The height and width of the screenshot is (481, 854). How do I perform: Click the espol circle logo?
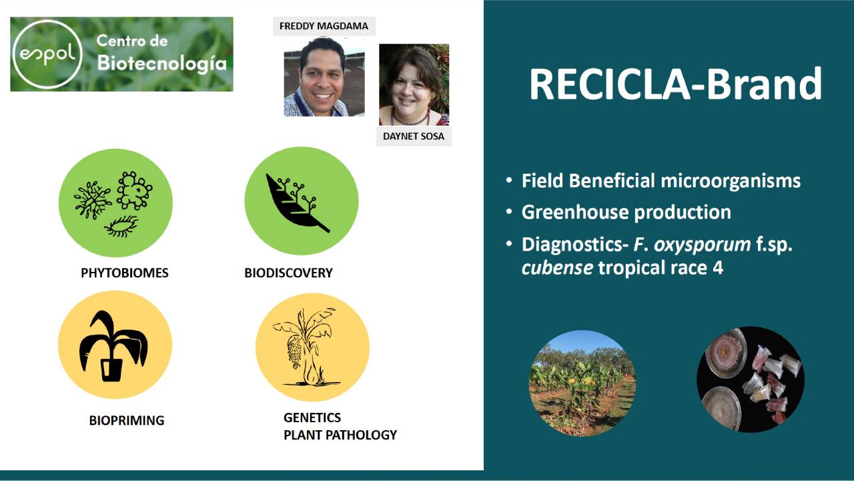[x=47, y=54]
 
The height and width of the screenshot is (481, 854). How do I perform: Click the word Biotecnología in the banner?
[x=162, y=63]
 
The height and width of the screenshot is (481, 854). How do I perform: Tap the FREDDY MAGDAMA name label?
[x=324, y=26]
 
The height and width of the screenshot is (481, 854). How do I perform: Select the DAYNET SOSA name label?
[x=414, y=136]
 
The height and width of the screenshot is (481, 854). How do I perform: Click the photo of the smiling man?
[x=324, y=76]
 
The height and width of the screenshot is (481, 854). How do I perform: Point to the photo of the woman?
[x=414, y=85]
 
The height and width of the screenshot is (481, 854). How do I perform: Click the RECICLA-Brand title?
[x=676, y=84]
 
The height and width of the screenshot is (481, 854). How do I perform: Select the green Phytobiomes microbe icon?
[x=115, y=202]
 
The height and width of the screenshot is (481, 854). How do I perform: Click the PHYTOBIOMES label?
[x=125, y=273]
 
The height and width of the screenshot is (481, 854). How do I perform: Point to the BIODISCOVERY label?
[x=289, y=273]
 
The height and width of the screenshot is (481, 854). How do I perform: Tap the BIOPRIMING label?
[x=127, y=420]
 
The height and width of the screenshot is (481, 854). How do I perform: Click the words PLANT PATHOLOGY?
[x=340, y=435]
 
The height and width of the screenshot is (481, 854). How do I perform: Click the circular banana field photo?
[x=582, y=383]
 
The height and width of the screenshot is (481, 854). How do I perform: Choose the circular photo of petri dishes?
[x=751, y=379]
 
